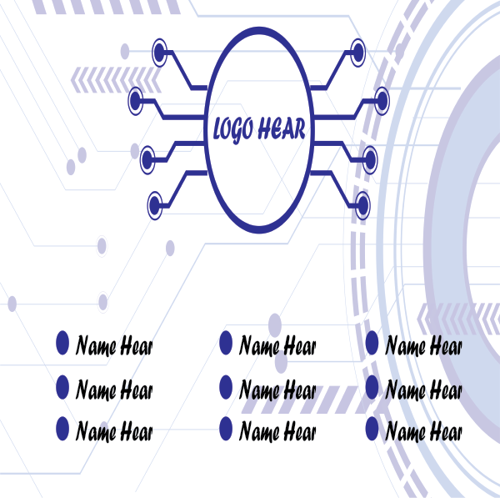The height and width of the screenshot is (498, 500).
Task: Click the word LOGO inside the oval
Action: point(233,129)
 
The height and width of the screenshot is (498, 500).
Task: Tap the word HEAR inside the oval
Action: point(282,128)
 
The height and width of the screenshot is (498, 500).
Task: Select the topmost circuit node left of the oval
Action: point(160,52)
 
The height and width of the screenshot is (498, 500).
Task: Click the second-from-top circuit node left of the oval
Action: point(136,101)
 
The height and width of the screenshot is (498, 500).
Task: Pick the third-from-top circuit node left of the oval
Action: point(147,159)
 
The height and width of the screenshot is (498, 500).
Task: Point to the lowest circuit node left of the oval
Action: point(155,205)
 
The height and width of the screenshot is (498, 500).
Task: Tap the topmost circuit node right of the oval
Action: point(358,52)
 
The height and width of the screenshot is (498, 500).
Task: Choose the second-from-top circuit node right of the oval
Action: point(382,101)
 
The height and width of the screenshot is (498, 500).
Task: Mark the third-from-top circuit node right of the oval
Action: point(370,159)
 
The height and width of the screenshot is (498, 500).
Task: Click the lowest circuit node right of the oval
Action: point(362,205)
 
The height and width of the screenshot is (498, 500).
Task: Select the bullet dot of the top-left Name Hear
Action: point(62,343)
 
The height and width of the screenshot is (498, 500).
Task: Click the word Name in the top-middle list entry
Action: point(259,345)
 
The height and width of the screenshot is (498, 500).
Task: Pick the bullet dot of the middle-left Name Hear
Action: point(62,387)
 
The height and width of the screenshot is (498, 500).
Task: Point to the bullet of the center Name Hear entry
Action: point(226,387)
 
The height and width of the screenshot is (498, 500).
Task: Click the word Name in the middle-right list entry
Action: point(405,390)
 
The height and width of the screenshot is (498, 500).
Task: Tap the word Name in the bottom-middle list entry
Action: point(259,430)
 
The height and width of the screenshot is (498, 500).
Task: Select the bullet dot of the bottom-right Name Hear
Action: point(372,429)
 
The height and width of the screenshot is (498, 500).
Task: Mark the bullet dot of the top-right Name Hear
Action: point(372,343)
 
